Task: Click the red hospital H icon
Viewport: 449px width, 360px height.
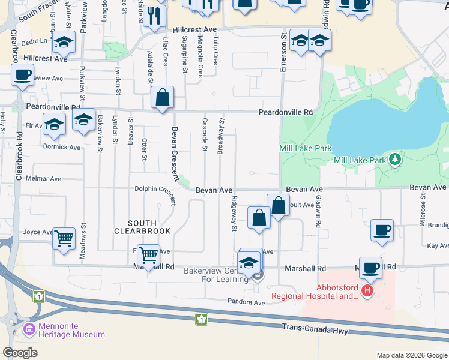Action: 367,292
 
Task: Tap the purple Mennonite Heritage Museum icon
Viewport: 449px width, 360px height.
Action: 28,329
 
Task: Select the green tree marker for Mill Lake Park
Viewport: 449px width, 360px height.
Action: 395,160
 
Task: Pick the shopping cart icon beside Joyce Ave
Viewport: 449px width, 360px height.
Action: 64,238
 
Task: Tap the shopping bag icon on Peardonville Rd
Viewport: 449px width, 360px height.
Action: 163,97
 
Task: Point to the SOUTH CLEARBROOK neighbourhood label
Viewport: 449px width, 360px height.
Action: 143,226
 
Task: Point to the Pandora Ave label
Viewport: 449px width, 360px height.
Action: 246,302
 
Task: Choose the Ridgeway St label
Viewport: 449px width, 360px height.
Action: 234,213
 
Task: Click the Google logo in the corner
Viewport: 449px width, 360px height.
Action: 20,353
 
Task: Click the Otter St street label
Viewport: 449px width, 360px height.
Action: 144,149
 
